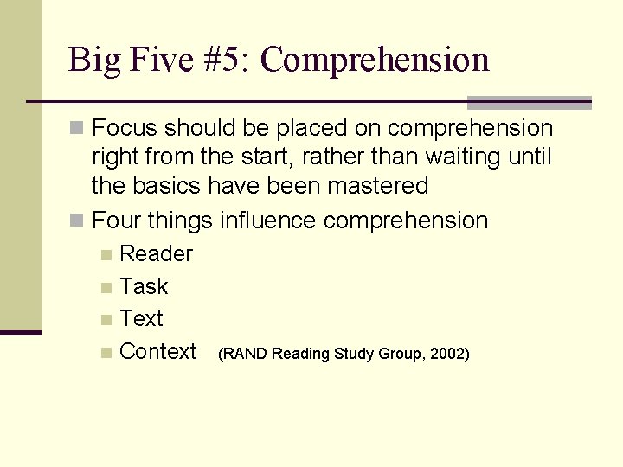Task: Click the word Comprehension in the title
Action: (x=375, y=61)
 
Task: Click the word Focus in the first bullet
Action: (x=125, y=129)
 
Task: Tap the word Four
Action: (x=117, y=221)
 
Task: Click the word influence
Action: (x=268, y=221)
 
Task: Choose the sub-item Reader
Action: (x=156, y=254)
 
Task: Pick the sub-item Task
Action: (x=144, y=286)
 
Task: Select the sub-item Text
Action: (x=141, y=318)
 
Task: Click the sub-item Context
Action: (x=158, y=351)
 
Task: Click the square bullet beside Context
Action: (x=106, y=352)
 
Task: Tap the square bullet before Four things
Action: (x=77, y=221)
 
